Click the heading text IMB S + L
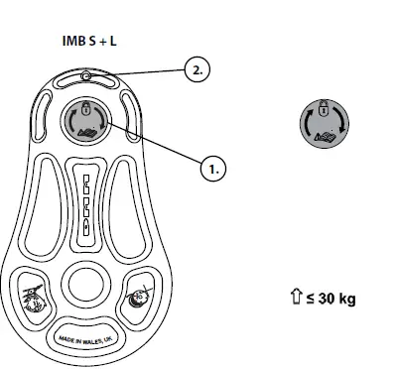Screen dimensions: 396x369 (89, 45)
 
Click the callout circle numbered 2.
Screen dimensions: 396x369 (198, 69)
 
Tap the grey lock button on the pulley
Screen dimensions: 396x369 (86, 122)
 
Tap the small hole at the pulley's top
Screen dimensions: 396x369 (87, 76)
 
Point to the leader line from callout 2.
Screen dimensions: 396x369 (139, 72)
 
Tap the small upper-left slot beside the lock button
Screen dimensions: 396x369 (45, 109)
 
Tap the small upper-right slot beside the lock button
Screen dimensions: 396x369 (129, 109)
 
